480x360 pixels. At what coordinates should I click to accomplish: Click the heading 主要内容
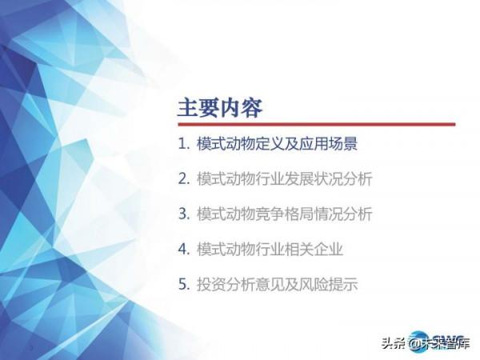[219, 107]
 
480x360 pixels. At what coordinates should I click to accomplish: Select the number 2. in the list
[183, 179]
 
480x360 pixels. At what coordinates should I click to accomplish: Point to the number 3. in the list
[183, 214]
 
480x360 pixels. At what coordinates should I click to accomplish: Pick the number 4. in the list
[183, 250]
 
